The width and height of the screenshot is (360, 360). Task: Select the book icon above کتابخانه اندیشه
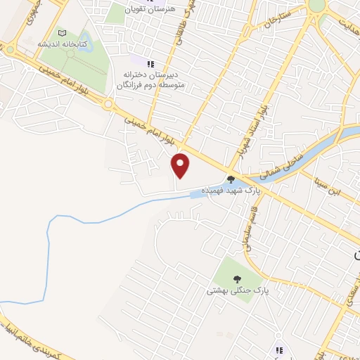point(62,32)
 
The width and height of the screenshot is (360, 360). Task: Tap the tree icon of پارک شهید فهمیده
point(231,179)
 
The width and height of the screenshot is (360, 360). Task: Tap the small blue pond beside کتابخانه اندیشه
point(85,42)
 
